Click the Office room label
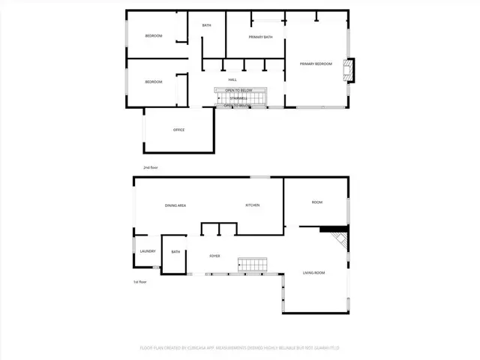[178, 130]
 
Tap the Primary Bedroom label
[316, 64]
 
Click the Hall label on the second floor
[232, 79]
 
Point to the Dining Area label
[175, 205]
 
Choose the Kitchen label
[252, 205]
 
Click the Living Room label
[313, 272]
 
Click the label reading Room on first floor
[317, 202]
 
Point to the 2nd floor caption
[151, 167]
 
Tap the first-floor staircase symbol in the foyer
[253, 265]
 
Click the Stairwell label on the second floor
[238, 97]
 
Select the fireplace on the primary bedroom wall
[347, 69]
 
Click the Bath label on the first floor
[175, 252]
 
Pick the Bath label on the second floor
[206, 25]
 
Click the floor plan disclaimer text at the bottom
[240, 348]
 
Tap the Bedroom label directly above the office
[153, 82]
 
